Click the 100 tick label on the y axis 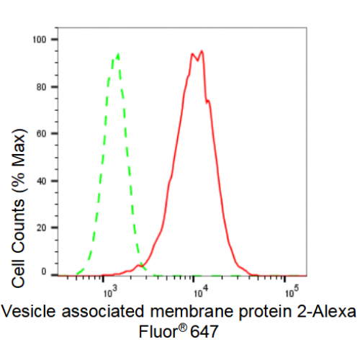(40, 40)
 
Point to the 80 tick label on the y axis (41, 87)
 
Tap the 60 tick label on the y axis (41, 134)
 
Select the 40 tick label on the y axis (41, 181)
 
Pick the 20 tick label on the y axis (41, 228)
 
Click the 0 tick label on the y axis (44, 271)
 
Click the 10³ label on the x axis (111, 292)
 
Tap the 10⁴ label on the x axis (201, 292)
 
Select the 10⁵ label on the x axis (292, 292)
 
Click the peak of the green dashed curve (118, 54)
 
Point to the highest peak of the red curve (202, 51)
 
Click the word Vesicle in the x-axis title (28, 311)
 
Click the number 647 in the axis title (204, 332)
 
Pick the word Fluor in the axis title (158, 332)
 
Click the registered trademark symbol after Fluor (182, 328)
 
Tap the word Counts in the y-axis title (18, 223)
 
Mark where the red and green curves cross (141, 265)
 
